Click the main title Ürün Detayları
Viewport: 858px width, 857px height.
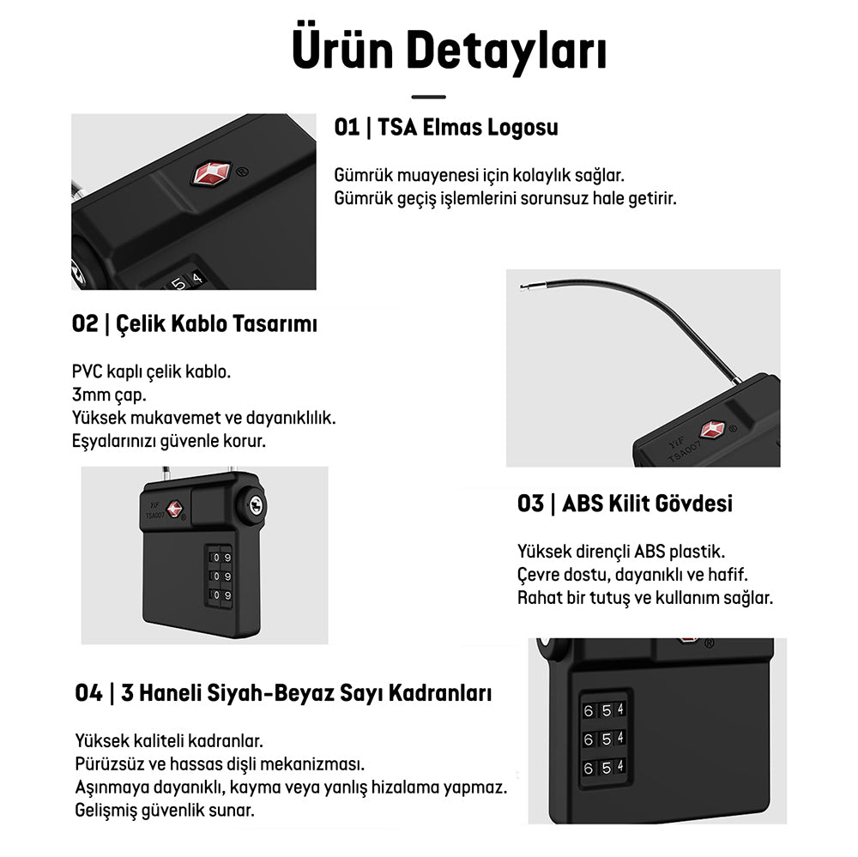coord(450,50)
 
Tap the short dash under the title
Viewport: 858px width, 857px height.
coord(428,97)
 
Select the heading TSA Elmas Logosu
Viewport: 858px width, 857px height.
coord(468,127)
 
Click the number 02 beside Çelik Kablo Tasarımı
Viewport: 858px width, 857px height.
coord(85,323)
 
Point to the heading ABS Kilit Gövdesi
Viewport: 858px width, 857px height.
coord(647,504)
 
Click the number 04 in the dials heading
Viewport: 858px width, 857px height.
coord(88,693)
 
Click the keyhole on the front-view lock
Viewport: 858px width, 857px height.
coord(255,504)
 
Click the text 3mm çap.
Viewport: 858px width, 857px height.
coord(109,395)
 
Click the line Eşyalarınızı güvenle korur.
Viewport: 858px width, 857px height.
coord(168,441)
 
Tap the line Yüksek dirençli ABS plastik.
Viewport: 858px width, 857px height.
coord(621,551)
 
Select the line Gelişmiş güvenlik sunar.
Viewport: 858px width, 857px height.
coord(165,810)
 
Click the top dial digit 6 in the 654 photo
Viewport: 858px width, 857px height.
coord(589,711)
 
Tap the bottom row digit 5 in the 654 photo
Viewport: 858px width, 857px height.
coord(607,768)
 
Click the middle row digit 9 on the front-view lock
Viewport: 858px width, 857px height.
coord(227,576)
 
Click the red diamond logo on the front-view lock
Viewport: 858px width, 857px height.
coord(174,509)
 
